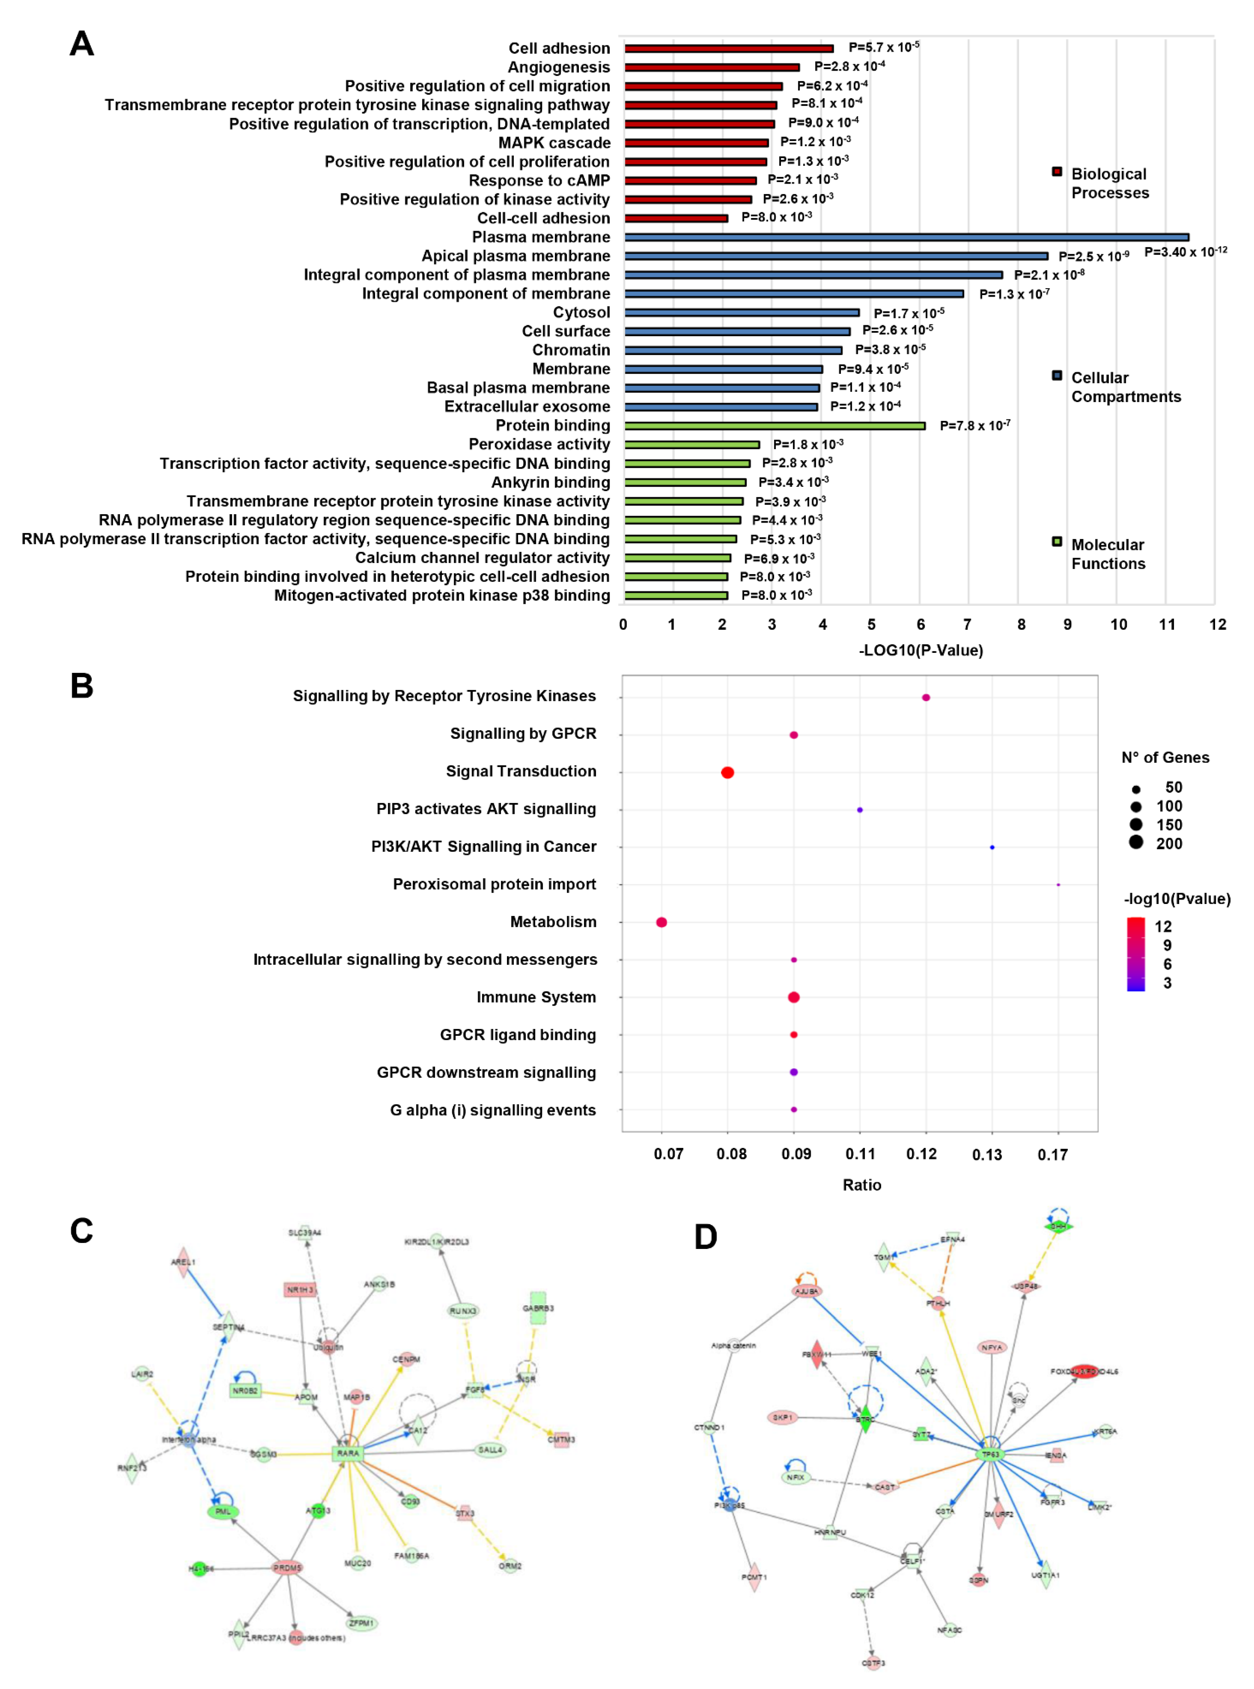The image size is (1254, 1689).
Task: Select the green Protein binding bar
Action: [774, 426]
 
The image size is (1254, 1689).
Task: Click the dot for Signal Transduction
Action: [727, 773]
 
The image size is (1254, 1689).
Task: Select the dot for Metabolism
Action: [661, 922]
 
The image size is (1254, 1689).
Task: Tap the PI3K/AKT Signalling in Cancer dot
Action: [992, 847]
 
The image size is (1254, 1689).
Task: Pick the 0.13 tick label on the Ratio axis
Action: [987, 1154]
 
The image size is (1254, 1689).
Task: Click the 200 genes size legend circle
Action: [1136, 842]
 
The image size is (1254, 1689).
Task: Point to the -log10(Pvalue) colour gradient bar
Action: [1136, 954]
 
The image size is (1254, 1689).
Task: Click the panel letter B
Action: [82, 686]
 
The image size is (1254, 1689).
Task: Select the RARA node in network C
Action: [348, 1453]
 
